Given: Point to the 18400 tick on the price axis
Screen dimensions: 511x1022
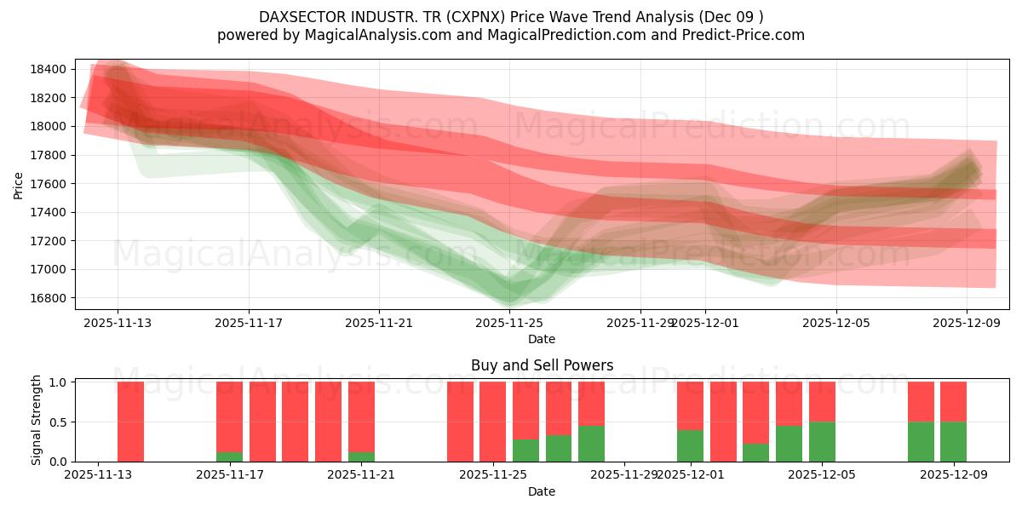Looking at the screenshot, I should (49, 69).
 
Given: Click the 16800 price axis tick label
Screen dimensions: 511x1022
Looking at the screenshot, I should (49, 298).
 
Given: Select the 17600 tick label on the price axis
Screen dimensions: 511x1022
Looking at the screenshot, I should (49, 184).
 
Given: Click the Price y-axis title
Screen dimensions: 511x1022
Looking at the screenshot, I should (19, 184).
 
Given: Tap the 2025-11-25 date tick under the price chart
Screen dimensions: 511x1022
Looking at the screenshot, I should (509, 323).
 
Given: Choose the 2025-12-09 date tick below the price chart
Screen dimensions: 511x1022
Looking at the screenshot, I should (967, 323).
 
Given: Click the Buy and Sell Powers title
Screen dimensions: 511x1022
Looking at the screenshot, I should (542, 365).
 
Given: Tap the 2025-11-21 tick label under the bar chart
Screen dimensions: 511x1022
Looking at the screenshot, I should (361, 475).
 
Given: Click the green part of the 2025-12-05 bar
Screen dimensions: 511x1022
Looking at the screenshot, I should (822, 442).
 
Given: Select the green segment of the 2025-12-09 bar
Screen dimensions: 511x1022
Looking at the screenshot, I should (953, 442).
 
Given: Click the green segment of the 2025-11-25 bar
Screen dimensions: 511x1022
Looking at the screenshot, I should (525, 451).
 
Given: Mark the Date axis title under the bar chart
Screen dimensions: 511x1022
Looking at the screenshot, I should (542, 491).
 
